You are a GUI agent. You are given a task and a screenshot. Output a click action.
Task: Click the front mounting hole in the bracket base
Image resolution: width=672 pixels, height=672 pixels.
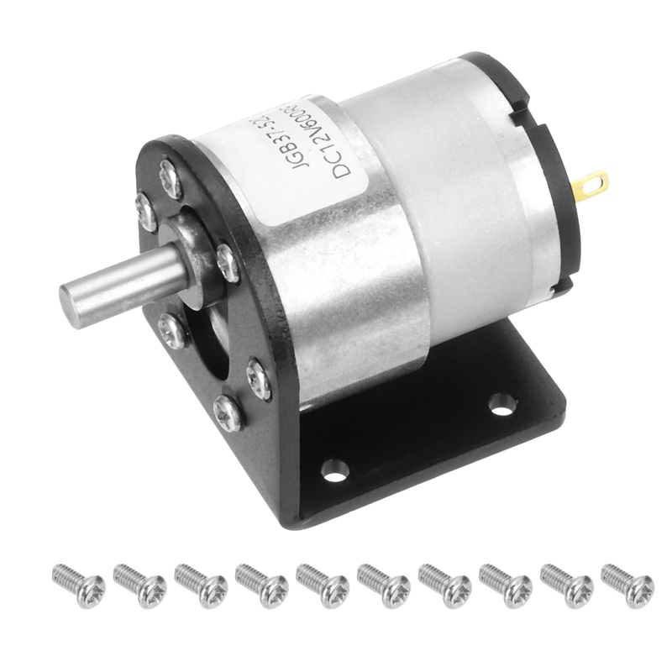(x=334, y=471)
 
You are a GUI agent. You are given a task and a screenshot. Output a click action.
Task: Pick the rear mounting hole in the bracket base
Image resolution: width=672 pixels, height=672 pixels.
(x=501, y=405)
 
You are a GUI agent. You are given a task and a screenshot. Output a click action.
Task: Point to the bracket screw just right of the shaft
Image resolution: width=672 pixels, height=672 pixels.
(x=227, y=261)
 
